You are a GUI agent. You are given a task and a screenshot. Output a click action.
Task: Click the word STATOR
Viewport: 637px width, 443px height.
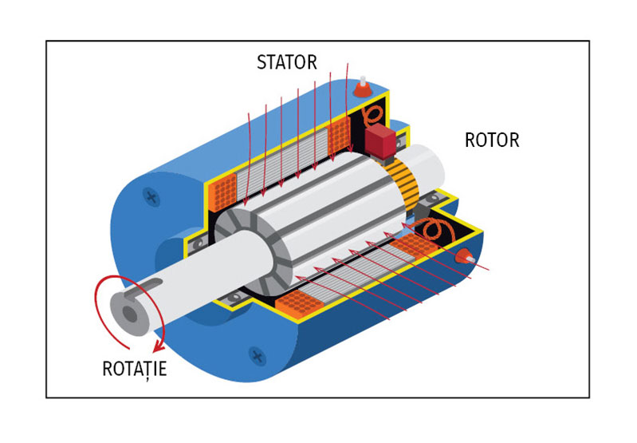coord(287,61)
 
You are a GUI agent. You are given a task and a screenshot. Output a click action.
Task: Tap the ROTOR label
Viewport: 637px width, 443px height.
coord(491,140)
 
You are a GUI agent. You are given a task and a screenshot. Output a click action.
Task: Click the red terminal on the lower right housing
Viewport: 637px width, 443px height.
coord(463,257)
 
